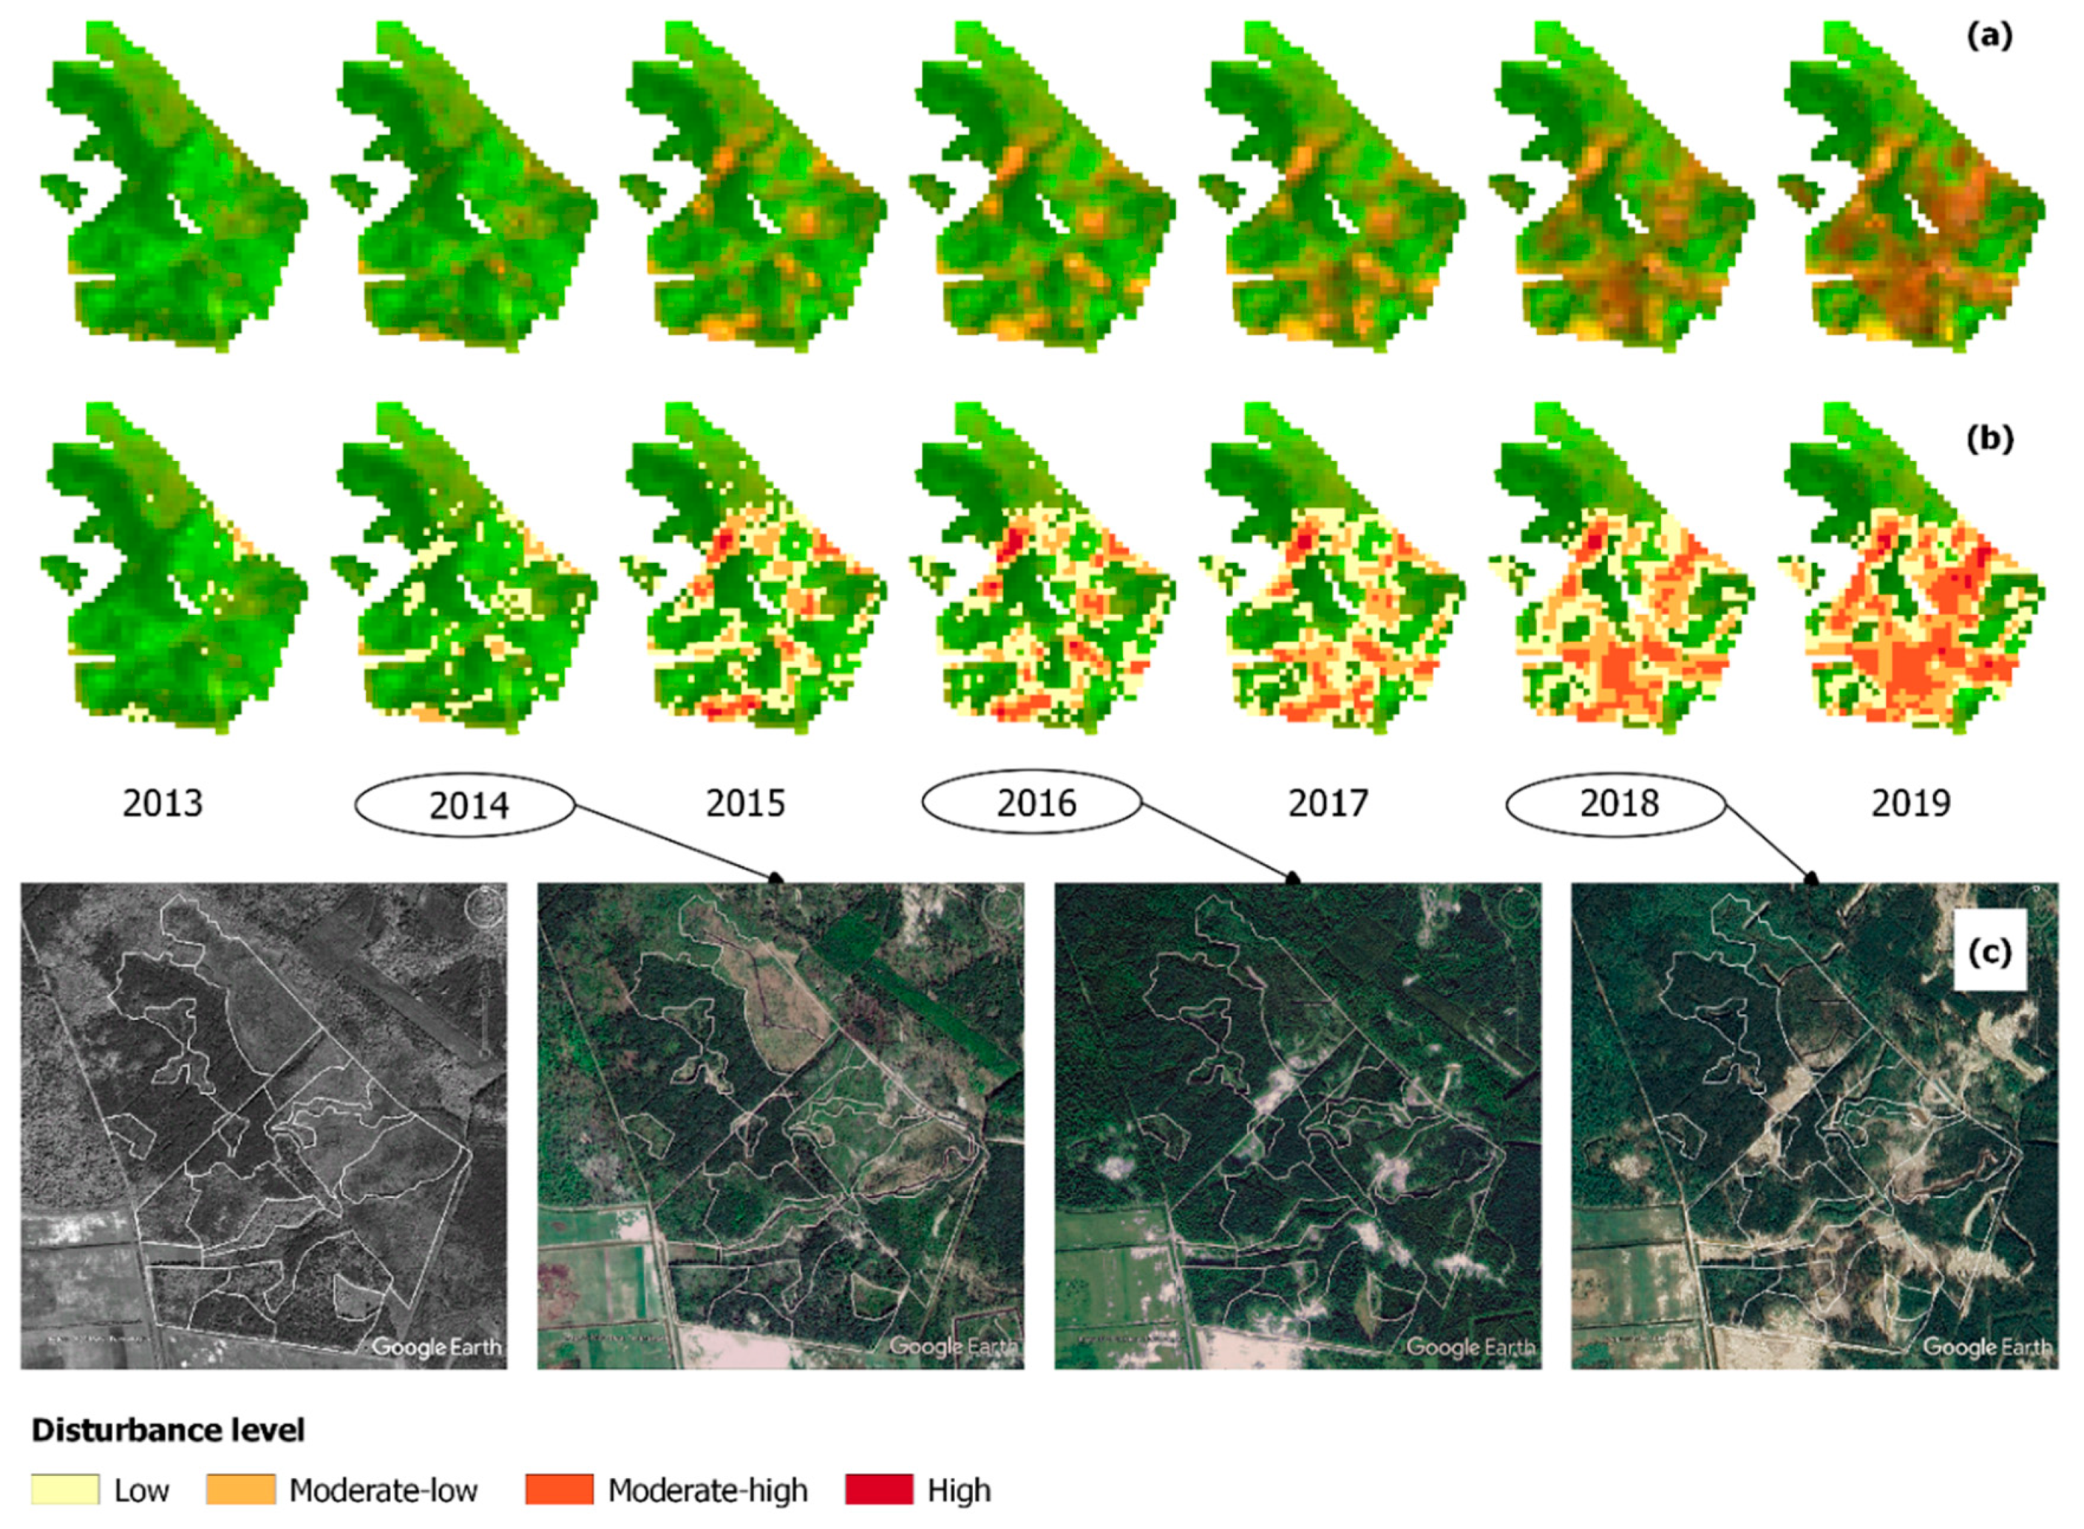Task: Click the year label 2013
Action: tap(163, 803)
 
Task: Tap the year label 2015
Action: tap(745, 803)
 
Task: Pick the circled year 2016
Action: tap(1034, 803)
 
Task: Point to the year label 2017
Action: tap(1328, 803)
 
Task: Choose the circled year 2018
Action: tap(1618, 803)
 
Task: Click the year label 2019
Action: tap(1911, 803)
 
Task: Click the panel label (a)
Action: tap(1989, 37)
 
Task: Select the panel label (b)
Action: tap(1989, 439)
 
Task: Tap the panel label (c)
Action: tap(1989, 953)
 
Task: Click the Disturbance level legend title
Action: tap(169, 1430)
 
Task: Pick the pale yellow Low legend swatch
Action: tap(65, 1490)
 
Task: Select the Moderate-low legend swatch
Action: tap(241, 1490)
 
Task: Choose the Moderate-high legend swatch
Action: tap(559, 1490)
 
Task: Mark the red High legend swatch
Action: tap(878, 1490)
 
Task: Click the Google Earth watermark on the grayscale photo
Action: tap(436, 1346)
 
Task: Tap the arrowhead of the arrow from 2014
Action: tap(778, 877)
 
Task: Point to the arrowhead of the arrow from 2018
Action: tap(1812, 877)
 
